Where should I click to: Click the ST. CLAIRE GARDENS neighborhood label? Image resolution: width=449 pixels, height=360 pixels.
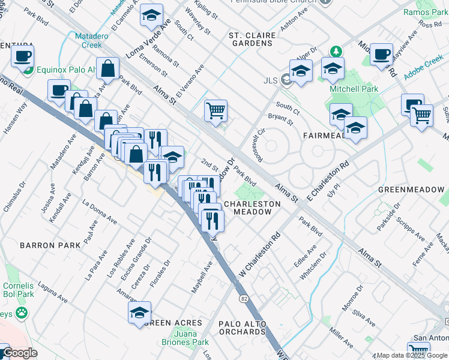tap(252, 40)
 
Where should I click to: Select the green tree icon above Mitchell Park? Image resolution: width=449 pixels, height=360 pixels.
tap(337, 52)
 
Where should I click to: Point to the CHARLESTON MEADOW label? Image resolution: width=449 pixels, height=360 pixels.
tap(252, 208)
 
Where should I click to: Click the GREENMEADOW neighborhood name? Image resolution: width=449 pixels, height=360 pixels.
tap(411, 190)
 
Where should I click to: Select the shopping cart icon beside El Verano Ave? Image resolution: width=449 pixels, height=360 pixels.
tap(215, 110)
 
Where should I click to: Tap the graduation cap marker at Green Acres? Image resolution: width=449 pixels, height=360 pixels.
tap(139, 313)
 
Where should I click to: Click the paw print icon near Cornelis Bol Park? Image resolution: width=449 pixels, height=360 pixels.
tap(22, 313)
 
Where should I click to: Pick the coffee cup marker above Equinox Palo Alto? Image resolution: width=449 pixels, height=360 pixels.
tap(23, 56)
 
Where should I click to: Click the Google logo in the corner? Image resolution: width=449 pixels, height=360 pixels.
tap(20, 353)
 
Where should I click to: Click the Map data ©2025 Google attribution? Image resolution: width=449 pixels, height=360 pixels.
tap(412, 355)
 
